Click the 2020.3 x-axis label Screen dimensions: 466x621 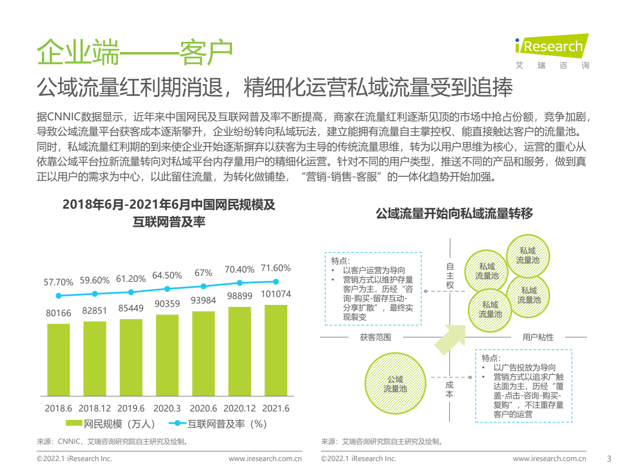[x=167, y=409]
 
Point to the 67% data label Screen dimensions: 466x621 [x=203, y=273]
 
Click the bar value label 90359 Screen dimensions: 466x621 [x=167, y=303]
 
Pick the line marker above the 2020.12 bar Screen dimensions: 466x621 [x=240, y=283]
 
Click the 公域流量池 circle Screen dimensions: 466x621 [x=395, y=384]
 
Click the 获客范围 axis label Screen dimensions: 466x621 [x=376, y=337]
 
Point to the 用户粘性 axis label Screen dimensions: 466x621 [x=538, y=337]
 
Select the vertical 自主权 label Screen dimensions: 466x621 [x=450, y=275]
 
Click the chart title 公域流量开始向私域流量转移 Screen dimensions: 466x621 [x=454, y=214]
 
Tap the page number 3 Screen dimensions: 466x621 [x=609, y=459]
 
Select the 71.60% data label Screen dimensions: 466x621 [x=276, y=268]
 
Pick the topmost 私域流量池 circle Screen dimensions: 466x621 [x=527, y=255]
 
